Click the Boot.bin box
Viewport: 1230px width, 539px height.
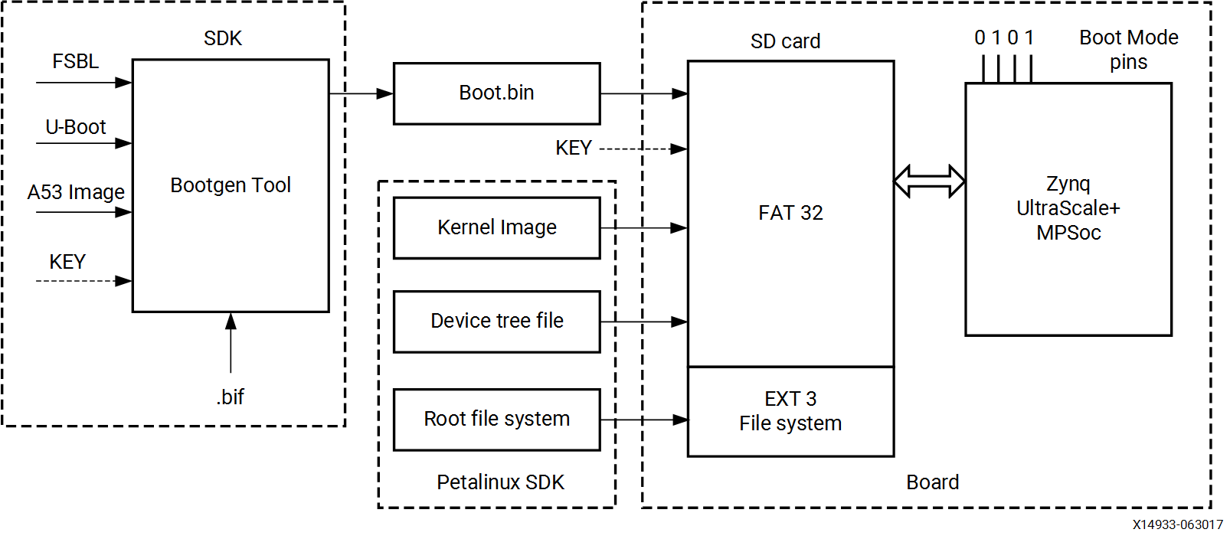(x=496, y=93)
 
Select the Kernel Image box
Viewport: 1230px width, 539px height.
(x=496, y=228)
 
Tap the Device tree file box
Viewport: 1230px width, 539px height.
(x=496, y=322)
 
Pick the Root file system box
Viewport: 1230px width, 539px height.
(x=496, y=420)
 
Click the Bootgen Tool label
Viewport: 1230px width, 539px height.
(x=231, y=185)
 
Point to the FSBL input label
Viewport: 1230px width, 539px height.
(x=75, y=61)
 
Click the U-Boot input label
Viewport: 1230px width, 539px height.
(x=75, y=127)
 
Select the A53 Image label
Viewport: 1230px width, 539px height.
(x=76, y=192)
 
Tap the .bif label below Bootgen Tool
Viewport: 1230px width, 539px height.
(x=230, y=397)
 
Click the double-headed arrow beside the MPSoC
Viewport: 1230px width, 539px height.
(x=929, y=181)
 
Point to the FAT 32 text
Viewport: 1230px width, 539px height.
(x=790, y=213)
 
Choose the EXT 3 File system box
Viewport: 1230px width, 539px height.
(x=790, y=412)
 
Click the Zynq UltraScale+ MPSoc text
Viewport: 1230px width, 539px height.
(x=1068, y=208)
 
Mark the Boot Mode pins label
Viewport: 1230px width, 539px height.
(x=1128, y=50)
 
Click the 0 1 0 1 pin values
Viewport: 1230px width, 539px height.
(x=1003, y=38)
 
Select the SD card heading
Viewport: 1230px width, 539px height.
(x=785, y=41)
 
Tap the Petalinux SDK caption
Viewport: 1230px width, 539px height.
(x=500, y=482)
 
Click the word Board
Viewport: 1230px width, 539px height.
(x=932, y=482)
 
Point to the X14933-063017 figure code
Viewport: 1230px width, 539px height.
(x=1178, y=525)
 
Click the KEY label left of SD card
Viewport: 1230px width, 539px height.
(x=574, y=148)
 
